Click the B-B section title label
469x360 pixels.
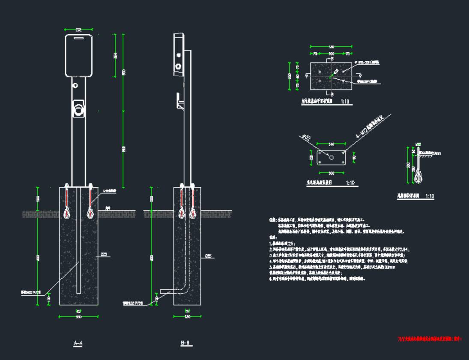click(185, 343)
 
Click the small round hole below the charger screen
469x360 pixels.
click(75, 85)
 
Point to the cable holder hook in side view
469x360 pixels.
click(180, 103)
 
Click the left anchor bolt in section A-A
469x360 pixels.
click(67, 201)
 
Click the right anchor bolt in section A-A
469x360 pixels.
click(90, 201)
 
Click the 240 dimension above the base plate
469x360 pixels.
click(331, 144)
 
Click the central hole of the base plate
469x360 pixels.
click(331, 158)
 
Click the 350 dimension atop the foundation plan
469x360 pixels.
click(331, 46)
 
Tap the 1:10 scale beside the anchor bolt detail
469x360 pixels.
click(430, 196)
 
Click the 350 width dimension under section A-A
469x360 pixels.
click(79, 316)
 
